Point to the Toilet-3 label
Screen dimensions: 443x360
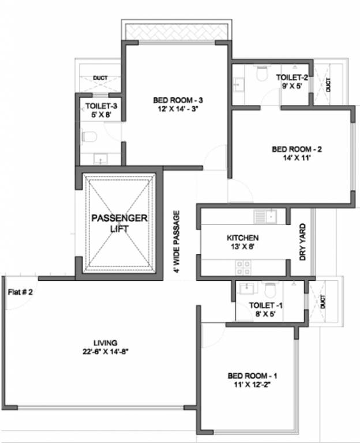(x=102, y=106)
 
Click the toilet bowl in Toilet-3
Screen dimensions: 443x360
(x=88, y=137)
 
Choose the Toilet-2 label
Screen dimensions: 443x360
(x=292, y=77)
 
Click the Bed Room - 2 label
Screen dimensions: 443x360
(x=297, y=149)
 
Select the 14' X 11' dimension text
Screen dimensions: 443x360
(x=297, y=159)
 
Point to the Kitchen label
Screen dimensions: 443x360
(x=242, y=238)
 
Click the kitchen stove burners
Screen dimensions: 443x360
(x=243, y=267)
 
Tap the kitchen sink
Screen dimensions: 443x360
(x=266, y=216)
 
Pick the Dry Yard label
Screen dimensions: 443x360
(x=303, y=243)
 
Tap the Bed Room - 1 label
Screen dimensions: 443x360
(x=250, y=376)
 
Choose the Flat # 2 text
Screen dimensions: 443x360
(x=20, y=292)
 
